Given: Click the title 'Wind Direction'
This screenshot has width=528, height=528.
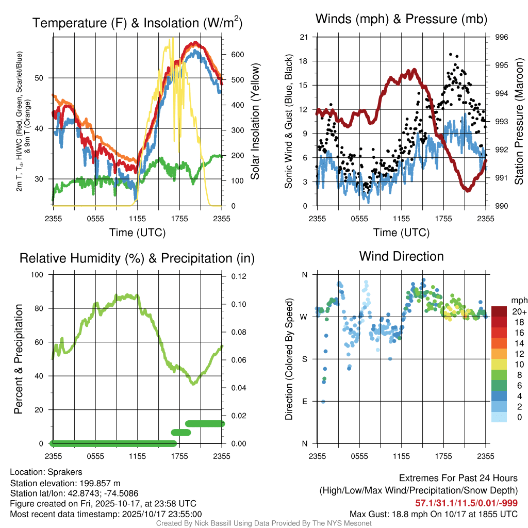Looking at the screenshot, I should [401, 256].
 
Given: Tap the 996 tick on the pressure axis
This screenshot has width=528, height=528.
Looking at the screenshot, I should [501, 37].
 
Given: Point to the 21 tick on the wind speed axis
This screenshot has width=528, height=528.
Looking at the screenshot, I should [304, 37].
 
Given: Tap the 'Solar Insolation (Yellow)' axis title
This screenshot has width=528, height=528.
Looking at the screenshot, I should [254, 121].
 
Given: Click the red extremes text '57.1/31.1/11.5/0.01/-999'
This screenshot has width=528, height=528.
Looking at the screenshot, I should [466, 503].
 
